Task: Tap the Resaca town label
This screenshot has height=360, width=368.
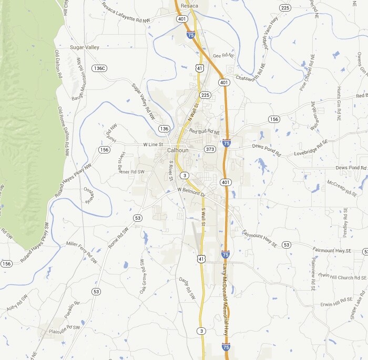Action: tap(189, 6)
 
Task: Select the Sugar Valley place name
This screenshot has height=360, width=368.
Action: tap(84, 47)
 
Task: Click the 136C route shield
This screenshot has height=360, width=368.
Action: tap(99, 68)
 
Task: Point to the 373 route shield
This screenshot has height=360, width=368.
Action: tap(210, 149)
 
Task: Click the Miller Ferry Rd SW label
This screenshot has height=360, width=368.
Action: tap(82, 252)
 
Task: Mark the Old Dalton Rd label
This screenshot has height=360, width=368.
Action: tap(58, 65)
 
